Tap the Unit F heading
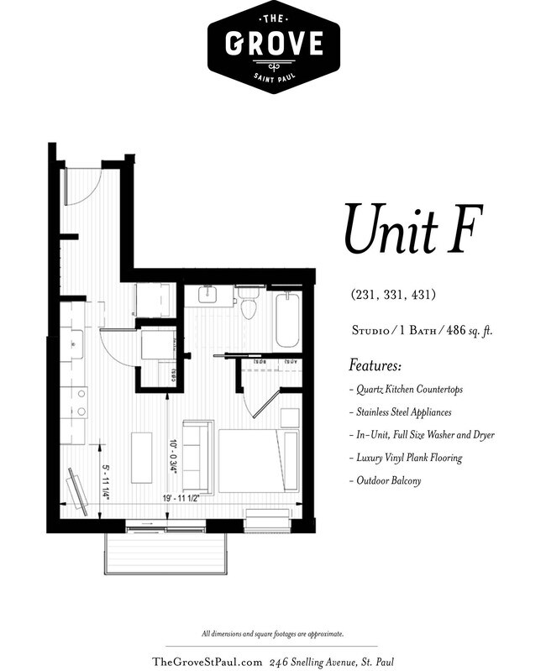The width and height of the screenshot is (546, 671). [404, 229]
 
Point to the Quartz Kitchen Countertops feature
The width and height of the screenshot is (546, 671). [406, 390]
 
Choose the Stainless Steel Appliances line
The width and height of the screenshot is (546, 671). [403, 412]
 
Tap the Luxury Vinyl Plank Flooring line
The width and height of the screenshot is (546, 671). [406, 458]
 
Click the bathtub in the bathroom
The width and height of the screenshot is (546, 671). [286, 320]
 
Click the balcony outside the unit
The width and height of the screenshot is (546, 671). [165, 553]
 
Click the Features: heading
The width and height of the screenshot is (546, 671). [375, 366]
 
